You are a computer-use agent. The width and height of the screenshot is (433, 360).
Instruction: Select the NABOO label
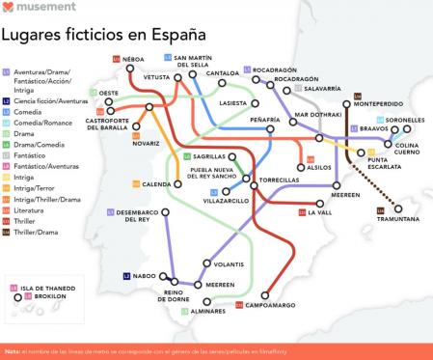click(145, 276)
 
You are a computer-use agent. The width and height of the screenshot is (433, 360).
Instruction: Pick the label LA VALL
click(319, 212)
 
